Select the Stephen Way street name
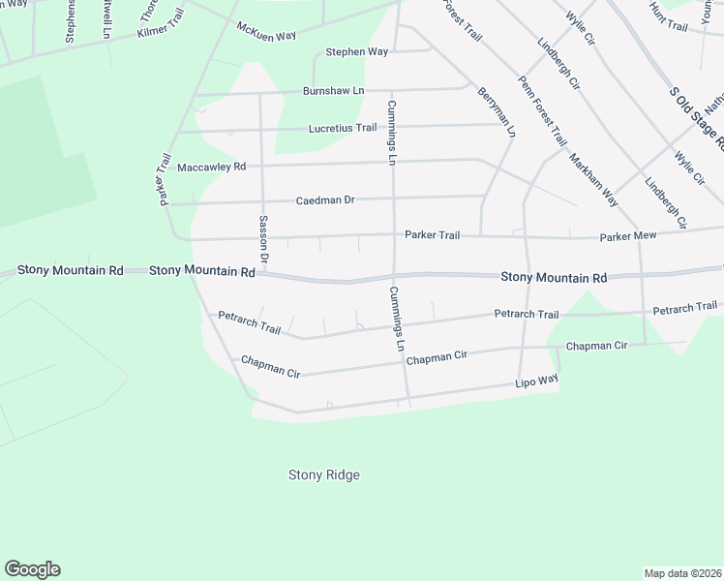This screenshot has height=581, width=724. tap(356, 52)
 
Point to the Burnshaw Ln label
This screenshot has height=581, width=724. tap(333, 90)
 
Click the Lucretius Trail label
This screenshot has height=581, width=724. tap(343, 128)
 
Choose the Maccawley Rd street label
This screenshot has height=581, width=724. tap(211, 167)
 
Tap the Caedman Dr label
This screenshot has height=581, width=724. tap(325, 200)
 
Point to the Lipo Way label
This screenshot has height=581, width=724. tap(536, 383)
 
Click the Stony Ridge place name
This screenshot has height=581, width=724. tap(324, 474)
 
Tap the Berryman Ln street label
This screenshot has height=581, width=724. tap(496, 111)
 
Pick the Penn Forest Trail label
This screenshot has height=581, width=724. tap(542, 110)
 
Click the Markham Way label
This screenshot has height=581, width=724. tap(592, 180)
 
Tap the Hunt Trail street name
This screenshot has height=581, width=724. tap(668, 19)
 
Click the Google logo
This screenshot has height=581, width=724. tap(32, 569)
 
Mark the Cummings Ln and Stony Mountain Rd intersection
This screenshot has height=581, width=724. tap(394, 277)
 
